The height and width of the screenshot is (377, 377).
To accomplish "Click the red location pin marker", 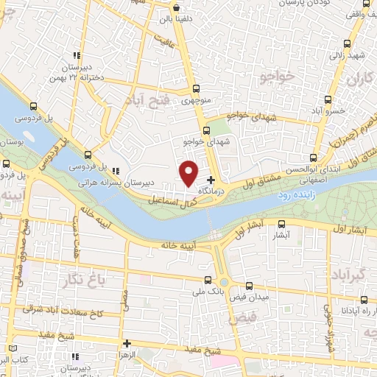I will pyautogui.click(x=189, y=173).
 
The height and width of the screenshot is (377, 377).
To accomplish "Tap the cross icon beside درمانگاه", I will pyautogui.click(x=211, y=180).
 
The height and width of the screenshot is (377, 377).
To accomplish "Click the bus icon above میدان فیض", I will pyautogui.click(x=249, y=286).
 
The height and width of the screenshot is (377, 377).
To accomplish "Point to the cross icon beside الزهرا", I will pyautogui.click(x=127, y=343).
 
